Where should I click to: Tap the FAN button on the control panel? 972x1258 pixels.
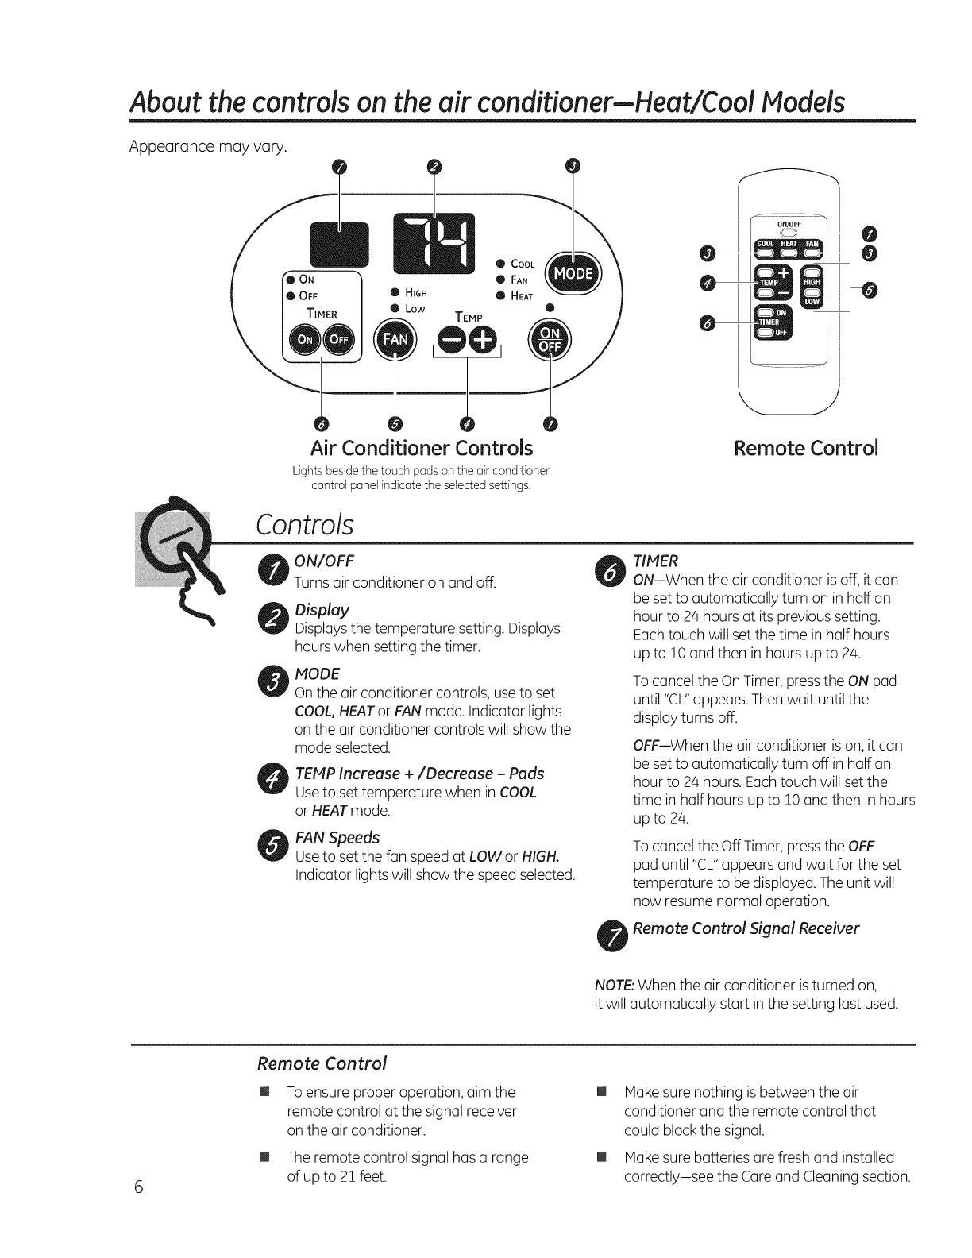point(395,341)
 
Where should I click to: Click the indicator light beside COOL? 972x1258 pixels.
point(502,264)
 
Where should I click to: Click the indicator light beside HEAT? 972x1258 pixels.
point(502,295)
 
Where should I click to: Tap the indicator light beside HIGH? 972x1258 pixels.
point(394,291)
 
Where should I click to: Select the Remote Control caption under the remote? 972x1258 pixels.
point(806,448)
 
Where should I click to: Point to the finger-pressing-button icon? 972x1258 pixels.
point(175,552)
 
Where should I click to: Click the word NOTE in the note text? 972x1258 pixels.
point(613,986)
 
